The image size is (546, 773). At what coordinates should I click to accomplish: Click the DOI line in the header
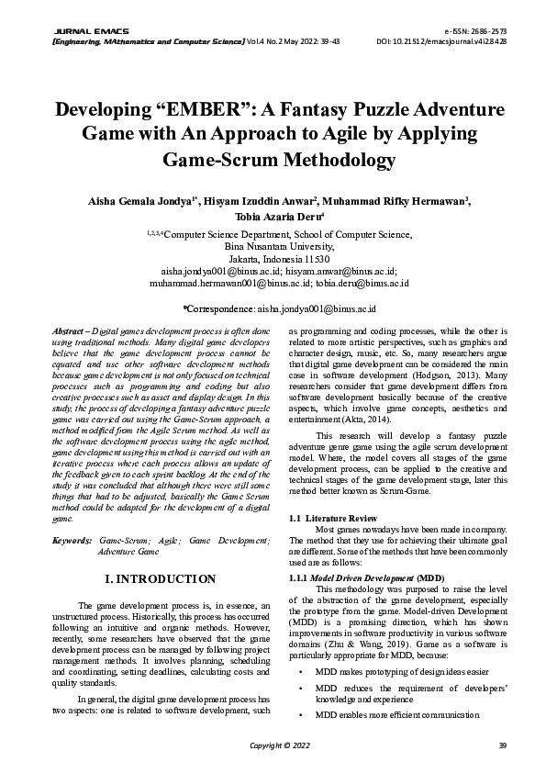click(x=441, y=41)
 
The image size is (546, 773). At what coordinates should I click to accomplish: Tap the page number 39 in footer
click(x=501, y=744)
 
